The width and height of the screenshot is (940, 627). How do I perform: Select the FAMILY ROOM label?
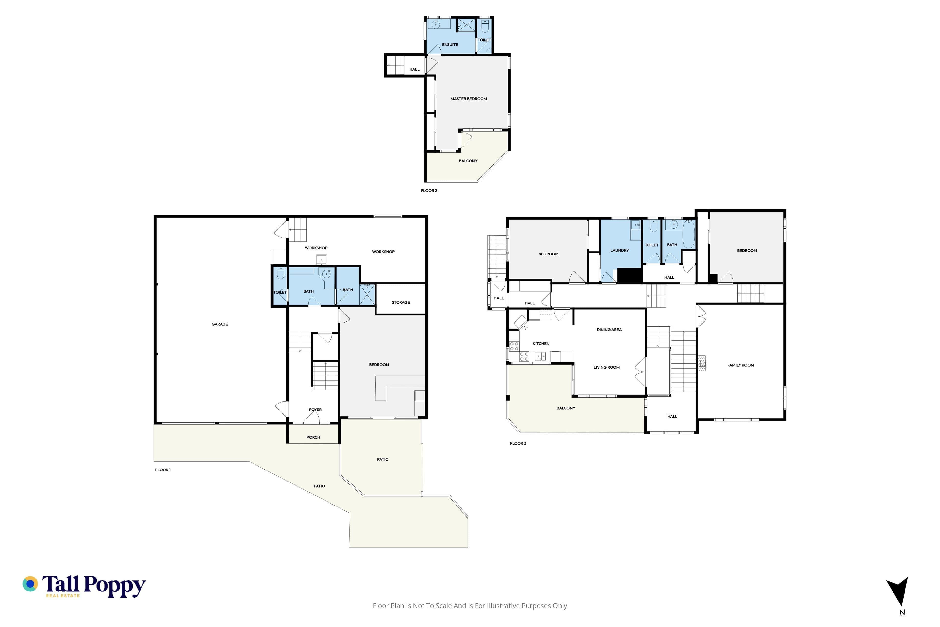[740, 365]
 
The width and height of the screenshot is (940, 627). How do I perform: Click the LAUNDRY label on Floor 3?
[620, 250]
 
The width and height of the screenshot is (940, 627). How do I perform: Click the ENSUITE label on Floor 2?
[450, 44]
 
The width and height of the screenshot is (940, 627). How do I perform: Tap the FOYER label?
[315, 410]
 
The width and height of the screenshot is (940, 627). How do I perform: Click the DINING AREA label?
[609, 330]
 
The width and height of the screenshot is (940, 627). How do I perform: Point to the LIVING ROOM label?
[606, 367]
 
